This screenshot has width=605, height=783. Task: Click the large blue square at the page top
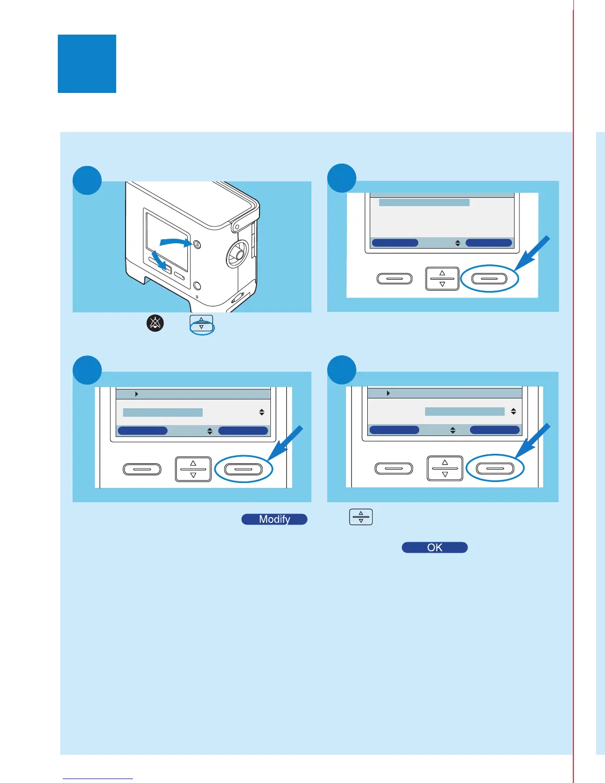(x=87, y=64)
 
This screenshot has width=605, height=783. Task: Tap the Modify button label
(x=274, y=519)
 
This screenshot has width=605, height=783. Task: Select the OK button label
(x=434, y=547)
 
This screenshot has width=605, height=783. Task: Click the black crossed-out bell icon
(x=155, y=323)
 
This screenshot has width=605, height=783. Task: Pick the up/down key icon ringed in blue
(x=202, y=324)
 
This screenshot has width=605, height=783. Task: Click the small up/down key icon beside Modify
(x=361, y=517)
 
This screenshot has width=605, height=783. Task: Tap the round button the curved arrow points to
(x=197, y=244)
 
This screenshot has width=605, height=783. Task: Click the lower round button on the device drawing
(x=197, y=285)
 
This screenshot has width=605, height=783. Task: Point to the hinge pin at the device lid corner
(x=238, y=227)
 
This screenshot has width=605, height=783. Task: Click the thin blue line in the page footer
(x=98, y=779)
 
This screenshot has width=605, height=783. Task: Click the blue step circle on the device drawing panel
(x=87, y=180)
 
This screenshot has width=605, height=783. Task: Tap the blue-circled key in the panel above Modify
(x=244, y=469)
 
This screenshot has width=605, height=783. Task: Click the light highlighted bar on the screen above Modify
(x=163, y=412)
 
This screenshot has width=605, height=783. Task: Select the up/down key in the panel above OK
(x=445, y=468)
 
